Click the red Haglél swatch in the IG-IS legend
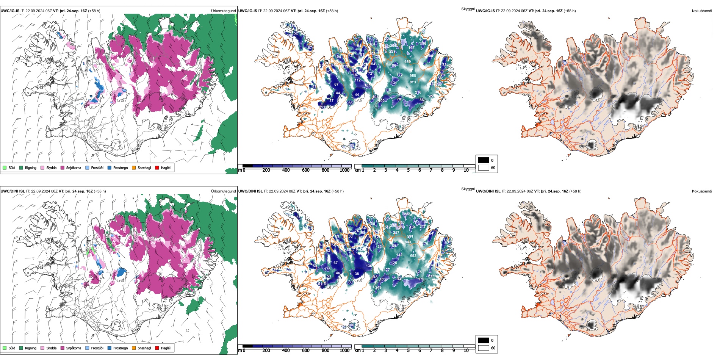157,167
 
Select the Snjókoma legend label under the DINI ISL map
74,348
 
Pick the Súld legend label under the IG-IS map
12,167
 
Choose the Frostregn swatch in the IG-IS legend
110,167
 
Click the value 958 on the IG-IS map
413,76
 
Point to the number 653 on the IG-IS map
407,62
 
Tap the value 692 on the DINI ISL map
413,256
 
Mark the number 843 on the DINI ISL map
408,242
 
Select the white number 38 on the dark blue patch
357,274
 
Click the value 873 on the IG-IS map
413,82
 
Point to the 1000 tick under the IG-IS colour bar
344,170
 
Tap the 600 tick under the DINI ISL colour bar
305,351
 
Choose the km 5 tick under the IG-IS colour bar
408,170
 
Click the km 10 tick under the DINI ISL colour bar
466,351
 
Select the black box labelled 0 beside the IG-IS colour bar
484,160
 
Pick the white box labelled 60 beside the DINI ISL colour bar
484,347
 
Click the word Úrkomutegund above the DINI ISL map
223,191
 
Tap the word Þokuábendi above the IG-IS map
702,11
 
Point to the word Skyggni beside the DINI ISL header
468,189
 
